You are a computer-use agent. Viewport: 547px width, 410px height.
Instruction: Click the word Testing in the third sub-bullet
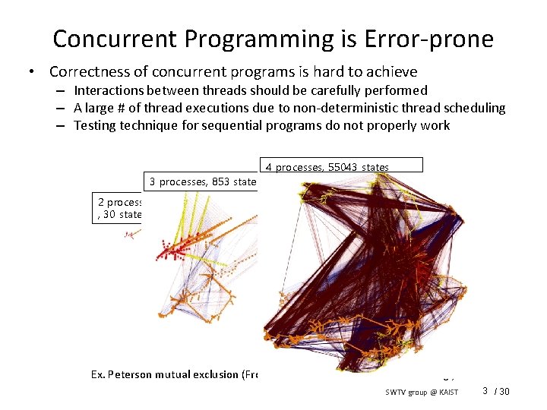(95, 125)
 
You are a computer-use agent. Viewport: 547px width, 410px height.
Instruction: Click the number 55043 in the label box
(345, 167)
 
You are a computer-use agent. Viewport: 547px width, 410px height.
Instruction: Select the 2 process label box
(120, 208)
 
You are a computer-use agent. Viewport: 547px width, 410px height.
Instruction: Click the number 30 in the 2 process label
(109, 214)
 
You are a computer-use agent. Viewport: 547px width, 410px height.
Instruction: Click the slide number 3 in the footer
(485, 391)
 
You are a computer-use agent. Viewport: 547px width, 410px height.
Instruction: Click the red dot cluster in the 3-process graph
(173, 250)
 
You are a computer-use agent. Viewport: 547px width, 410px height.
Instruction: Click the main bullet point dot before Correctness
(31, 73)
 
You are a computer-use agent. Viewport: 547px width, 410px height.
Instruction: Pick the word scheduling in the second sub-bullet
(476, 108)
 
